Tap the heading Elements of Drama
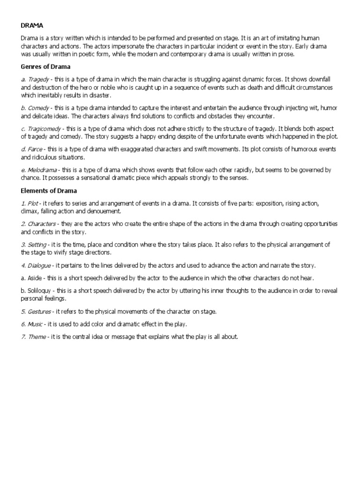pyautogui.click(x=49, y=191)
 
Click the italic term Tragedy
pyautogui.click(x=38, y=79)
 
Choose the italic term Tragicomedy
pyautogui.click(x=45, y=128)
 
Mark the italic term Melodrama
pyautogui.click(x=43, y=170)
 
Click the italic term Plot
pyautogui.click(x=32, y=203)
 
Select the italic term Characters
pyautogui.click(x=41, y=224)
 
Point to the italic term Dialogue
pyautogui.click(x=38, y=265)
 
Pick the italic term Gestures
pyautogui.click(x=39, y=311)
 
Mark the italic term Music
pyautogui.click(x=35, y=324)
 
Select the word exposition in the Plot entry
pyautogui.click(x=271, y=203)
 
